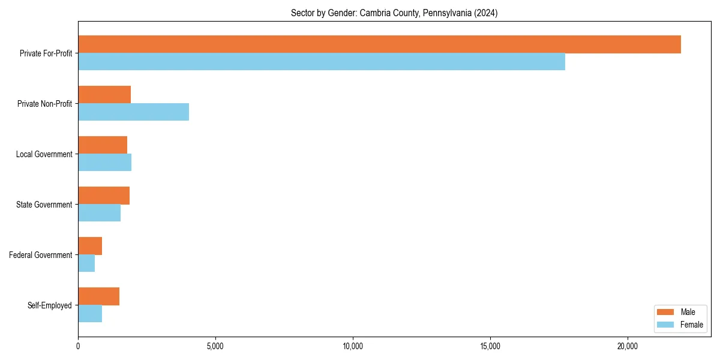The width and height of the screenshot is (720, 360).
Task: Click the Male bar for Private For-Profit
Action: [x=379, y=44]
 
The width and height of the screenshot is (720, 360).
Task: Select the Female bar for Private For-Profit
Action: [x=322, y=62]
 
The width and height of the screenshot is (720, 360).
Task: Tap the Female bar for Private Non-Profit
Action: [x=133, y=112]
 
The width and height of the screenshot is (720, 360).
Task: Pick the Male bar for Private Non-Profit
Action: [x=104, y=95]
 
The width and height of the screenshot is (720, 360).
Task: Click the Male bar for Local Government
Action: [x=103, y=145]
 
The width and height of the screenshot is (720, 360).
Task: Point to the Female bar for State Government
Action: [x=99, y=213]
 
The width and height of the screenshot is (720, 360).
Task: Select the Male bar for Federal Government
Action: [x=90, y=246]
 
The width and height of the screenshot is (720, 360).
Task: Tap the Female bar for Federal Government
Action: [x=86, y=263]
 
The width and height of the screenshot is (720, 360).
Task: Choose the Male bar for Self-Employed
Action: [x=98, y=296]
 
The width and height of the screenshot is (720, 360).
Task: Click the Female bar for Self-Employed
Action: [x=90, y=314]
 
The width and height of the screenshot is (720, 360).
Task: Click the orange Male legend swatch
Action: [x=665, y=312]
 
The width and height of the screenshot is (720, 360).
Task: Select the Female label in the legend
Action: [x=691, y=325]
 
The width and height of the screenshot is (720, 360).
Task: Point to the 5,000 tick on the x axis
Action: [x=215, y=346]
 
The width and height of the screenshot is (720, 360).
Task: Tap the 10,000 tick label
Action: [x=353, y=346]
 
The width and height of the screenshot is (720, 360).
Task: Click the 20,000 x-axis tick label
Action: [x=628, y=346]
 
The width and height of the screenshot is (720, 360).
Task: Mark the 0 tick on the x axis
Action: [x=78, y=346]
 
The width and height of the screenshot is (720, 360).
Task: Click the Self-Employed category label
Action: [x=49, y=305]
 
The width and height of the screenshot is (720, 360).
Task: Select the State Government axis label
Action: [x=44, y=205]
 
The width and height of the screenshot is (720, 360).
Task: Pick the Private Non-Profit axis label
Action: [x=44, y=104]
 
